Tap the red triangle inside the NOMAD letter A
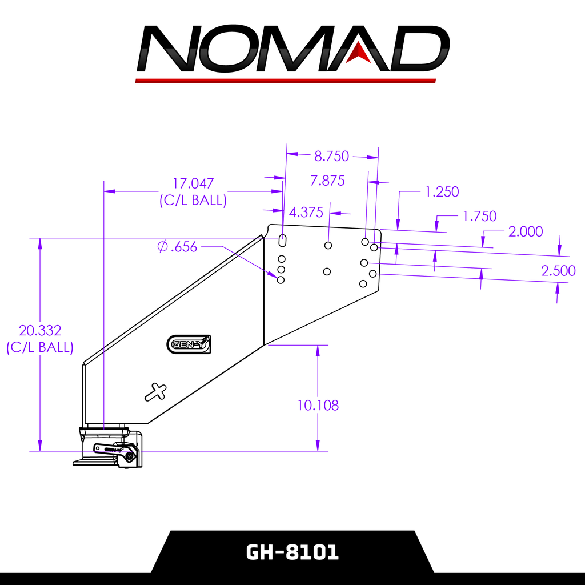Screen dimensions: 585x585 359,51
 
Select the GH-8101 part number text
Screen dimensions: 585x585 292,552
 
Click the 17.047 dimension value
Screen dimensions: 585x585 193,183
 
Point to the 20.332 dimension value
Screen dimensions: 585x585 39,330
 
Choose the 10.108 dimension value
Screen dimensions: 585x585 318,406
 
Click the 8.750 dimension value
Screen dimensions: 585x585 331,156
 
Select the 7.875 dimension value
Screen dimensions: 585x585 327,181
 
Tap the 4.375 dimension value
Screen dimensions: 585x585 306,213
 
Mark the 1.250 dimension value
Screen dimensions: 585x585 442,192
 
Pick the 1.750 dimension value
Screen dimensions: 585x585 479,217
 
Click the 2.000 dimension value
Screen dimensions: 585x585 525,231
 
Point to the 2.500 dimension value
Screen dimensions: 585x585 558,271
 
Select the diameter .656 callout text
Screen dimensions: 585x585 177,247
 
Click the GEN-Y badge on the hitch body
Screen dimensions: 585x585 189,344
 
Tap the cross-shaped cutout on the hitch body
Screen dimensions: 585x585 155,392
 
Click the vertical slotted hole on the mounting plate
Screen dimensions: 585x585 282,239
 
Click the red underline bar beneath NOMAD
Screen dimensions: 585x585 286,81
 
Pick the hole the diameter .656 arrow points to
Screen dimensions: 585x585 281,279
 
